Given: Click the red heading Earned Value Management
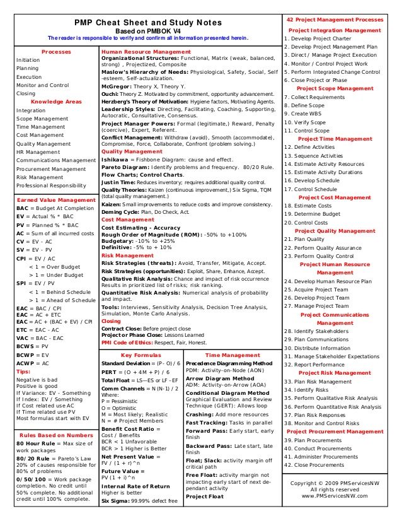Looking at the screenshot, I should pyautogui.click(x=55, y=199).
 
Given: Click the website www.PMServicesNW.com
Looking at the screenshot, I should pyautogui.click(x=334, y=496).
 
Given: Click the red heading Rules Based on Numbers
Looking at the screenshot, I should pyautogui.click(x=55, y=436).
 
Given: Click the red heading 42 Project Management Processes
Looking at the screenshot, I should pyautogui.click(x=334, y=20).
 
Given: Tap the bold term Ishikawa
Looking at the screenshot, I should pyautogui.click(x=116, y=160).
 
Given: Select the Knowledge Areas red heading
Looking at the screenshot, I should pyautogui.click(x=56, y=102).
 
